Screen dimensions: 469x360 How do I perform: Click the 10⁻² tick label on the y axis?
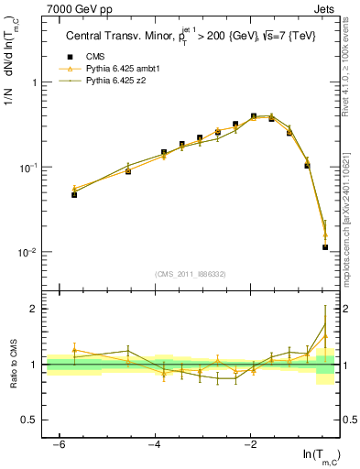[31, 253]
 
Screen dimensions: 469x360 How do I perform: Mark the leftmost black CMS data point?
[74, 194]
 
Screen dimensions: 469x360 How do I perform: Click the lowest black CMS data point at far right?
[325, 247]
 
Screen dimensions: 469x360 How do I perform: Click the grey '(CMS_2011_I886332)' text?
[192, 274]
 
